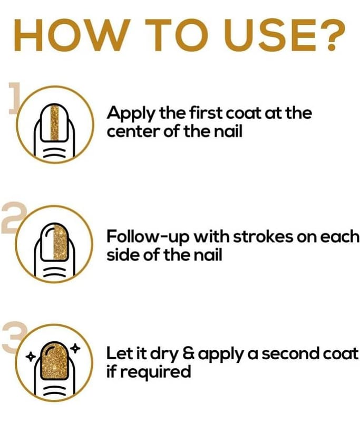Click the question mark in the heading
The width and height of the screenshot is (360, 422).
click(333, 35)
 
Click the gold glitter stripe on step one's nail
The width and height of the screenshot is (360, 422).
click(54, 123)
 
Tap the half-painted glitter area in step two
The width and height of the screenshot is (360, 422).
click(61, 241)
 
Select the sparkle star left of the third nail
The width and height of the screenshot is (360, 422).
click(31, 357)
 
